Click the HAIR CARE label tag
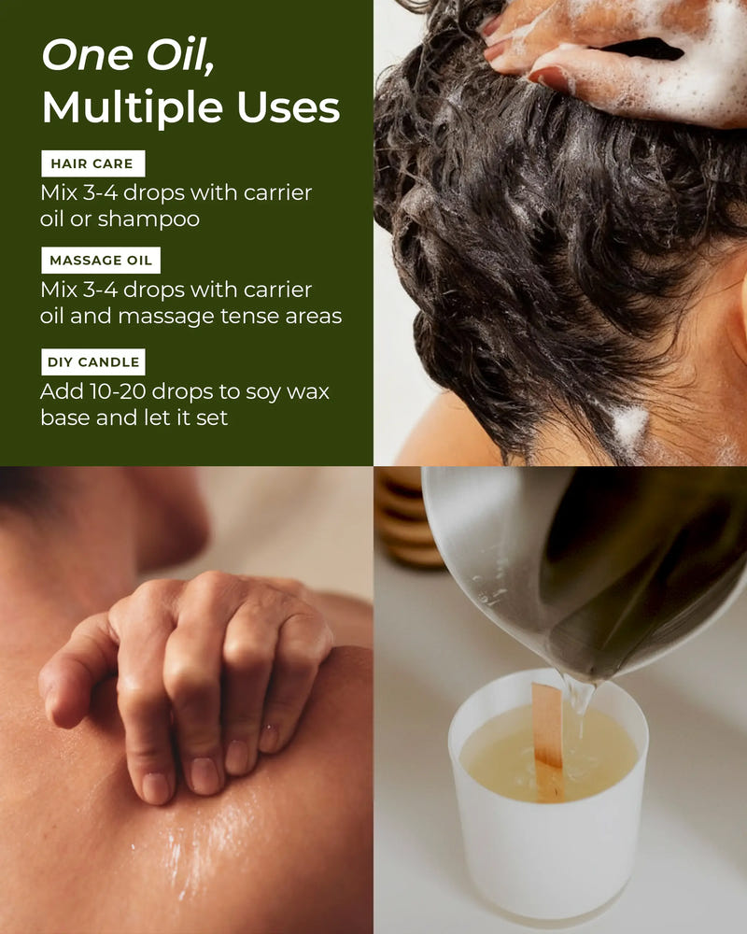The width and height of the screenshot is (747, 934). pos(92,163)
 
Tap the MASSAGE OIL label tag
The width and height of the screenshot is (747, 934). pos(100,261)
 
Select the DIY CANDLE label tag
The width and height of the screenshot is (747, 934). pos(93,361)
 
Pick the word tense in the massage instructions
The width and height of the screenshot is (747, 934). pos(239,316)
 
